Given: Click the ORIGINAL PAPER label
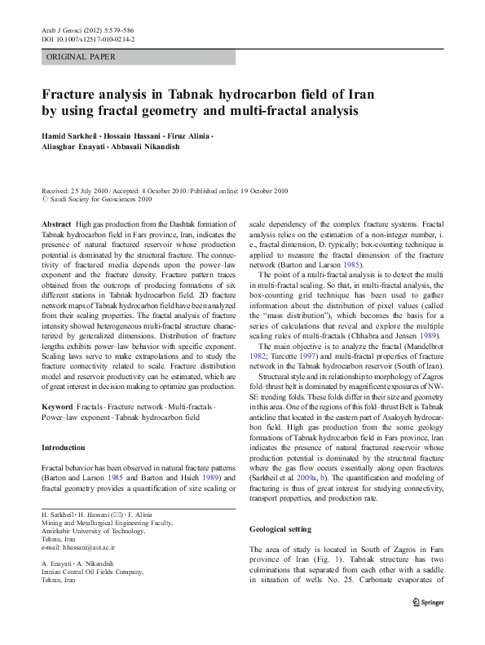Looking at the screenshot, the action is click(x=81, y=57).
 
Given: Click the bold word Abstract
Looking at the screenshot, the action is click(x=55, y=223).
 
